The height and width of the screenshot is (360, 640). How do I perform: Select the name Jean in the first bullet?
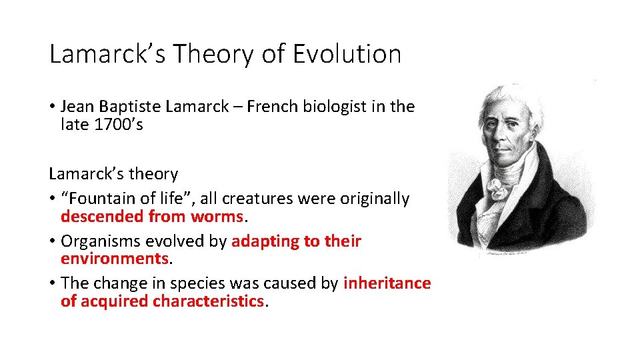(77, 107)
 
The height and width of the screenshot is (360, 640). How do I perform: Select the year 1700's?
(119, 125)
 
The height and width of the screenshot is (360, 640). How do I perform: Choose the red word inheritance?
(387, 283)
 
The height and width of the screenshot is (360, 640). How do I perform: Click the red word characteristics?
(208, 301)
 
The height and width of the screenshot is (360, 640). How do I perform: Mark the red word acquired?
(115, 301)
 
